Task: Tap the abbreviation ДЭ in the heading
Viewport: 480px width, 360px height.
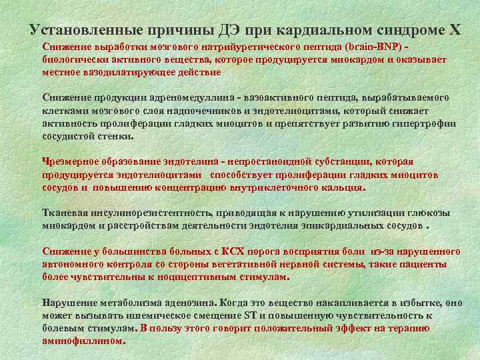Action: click(229, 30)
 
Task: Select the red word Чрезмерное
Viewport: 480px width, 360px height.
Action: click(69, 162)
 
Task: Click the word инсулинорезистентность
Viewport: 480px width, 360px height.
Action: click(149, 213)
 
